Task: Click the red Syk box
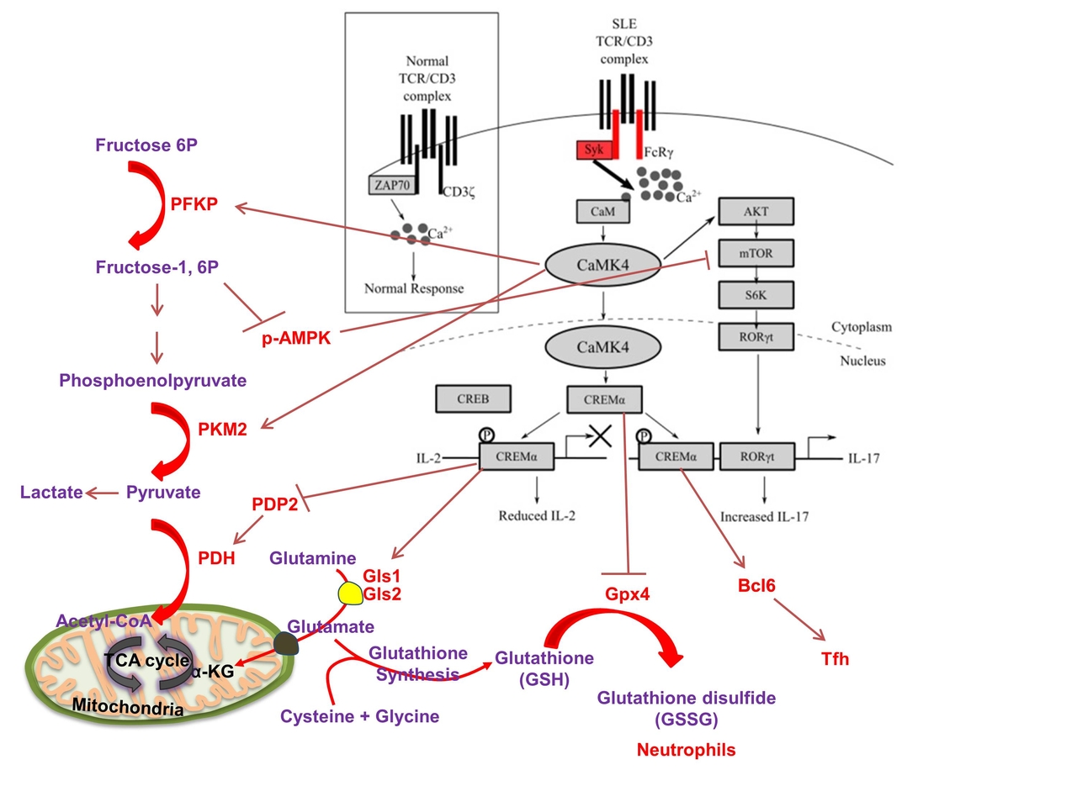pyautogui.click(x=595, y=150)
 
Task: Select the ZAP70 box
pyautogui.click(x=392, y=185)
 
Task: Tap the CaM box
pyautogui.click(x=602, y=212)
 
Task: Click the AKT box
pyautogui.click(x=756, y=212)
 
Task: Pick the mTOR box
pyautogui.click(x=756, y=253)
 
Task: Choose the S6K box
pyautogui.click(x=756, y=295)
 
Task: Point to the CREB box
pyautogui.click(x=473, y=399)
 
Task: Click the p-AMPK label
pyautogui.click(x=296, y=339)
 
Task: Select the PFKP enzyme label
pyautogui.click(x=194, y=204)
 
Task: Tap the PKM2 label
pyautogui.click(x=222, y=430)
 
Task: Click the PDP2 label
pyautogui.click(x=275, y=504)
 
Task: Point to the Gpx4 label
pyautogui.click(x=628, y=594)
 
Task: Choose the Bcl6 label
pyautogui.click(x=756, y=586)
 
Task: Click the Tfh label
pyautogui.click(x=836, y=659)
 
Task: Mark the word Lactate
pyautogui.click(x=51, y=493)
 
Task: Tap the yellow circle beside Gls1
pyautogui.click(x=350, y=593)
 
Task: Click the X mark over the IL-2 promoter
pyautogui.click(x=599, y=435)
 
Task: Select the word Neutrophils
pyautogui.click(x=686, y=750)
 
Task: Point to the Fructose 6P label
pyautogui.click(x=146, y=145)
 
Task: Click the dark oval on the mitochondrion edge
pyautogui.click(x=286, y=643)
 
